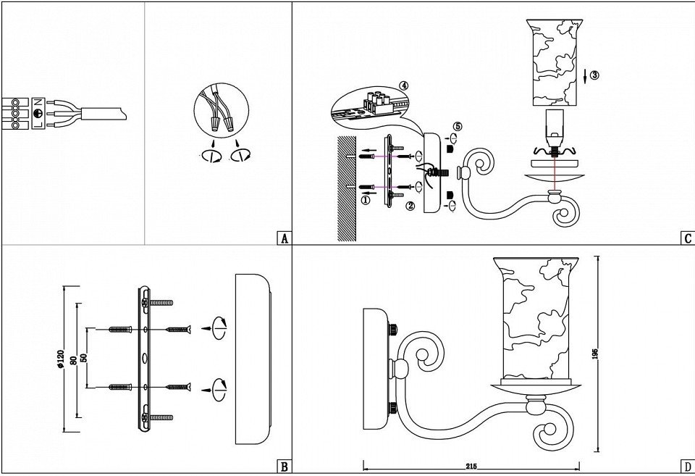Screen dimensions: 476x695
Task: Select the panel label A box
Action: tap(284, 238)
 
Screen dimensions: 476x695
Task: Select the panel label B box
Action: tap(284, 467)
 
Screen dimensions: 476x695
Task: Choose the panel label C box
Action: tap(687, 238)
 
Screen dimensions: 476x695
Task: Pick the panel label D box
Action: tap(687, 467)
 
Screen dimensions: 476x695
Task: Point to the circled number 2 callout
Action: tap(410, 206)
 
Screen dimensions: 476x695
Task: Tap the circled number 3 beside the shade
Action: tap(594, 75)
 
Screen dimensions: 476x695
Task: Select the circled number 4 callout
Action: tap(403, 85)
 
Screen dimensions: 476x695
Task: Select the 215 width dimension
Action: tap(471, 466)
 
